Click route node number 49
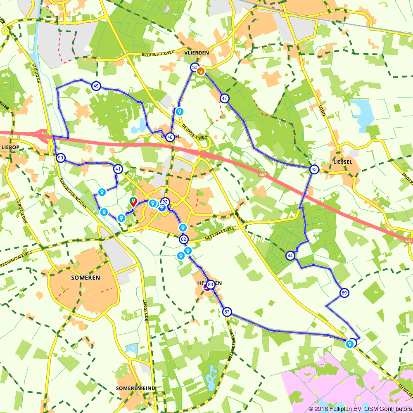click(96, 86)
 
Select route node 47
click(224, 98)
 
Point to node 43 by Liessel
click(314, 169)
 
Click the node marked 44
click(290, 256)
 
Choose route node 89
click(344, 293)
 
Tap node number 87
click(227, 312)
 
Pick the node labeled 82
click(184, 239)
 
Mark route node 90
click(60, 158)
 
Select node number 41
click(119, 169)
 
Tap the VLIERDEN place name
click(197, 52)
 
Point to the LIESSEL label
click(342, 162)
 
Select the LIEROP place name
click(11, 147)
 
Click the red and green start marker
click(133, 202)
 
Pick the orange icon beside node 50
click(201, 71)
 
